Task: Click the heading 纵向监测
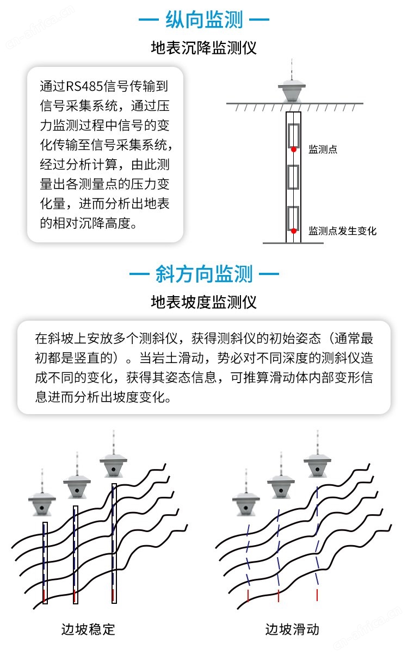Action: [204, 20]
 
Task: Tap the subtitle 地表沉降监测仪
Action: [204, 48]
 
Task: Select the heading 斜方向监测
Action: [204, 274]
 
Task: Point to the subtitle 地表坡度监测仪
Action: [204, 302]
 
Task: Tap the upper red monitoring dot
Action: [293, 149]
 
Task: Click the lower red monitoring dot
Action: [293, 231]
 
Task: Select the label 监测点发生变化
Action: [342, 231]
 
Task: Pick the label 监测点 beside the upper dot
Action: [323, 149]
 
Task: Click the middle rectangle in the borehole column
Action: [293, 177]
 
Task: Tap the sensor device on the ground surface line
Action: [292, 92]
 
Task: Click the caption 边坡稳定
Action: [88, 629]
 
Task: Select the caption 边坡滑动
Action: [292, 629]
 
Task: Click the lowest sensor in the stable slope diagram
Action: [42, 504]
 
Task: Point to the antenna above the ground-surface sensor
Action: [292, 70]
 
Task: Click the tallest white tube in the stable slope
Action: [114, 543]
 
